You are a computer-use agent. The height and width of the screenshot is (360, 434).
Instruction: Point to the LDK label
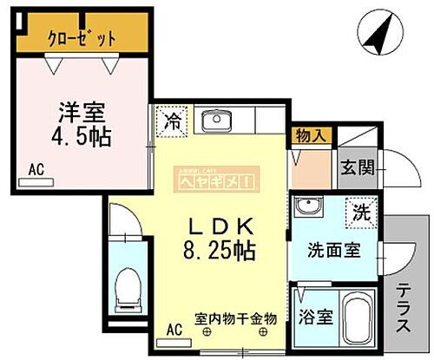[220, 226]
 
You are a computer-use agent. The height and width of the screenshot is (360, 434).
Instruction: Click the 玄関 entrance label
[357, 168]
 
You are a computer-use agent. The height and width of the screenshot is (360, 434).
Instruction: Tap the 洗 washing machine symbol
[358, 209]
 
